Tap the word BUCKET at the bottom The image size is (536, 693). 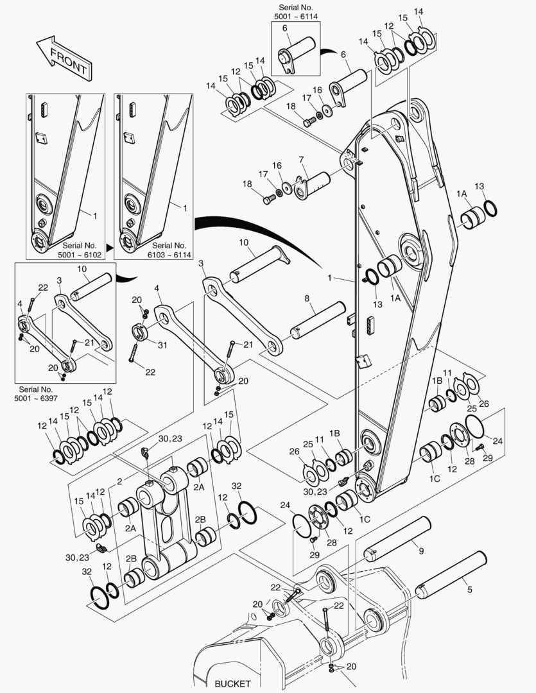233,684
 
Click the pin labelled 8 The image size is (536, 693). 315,318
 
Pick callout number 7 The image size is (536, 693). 300,158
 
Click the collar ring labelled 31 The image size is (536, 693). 142,333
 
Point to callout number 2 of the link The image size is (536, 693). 119,481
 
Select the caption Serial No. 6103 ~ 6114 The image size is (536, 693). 169,250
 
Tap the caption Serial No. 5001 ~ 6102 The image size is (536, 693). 80,250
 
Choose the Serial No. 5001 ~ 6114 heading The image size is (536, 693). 299,11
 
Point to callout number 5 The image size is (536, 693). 470,589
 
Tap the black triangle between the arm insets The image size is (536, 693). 109,246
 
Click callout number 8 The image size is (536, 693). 307,298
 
